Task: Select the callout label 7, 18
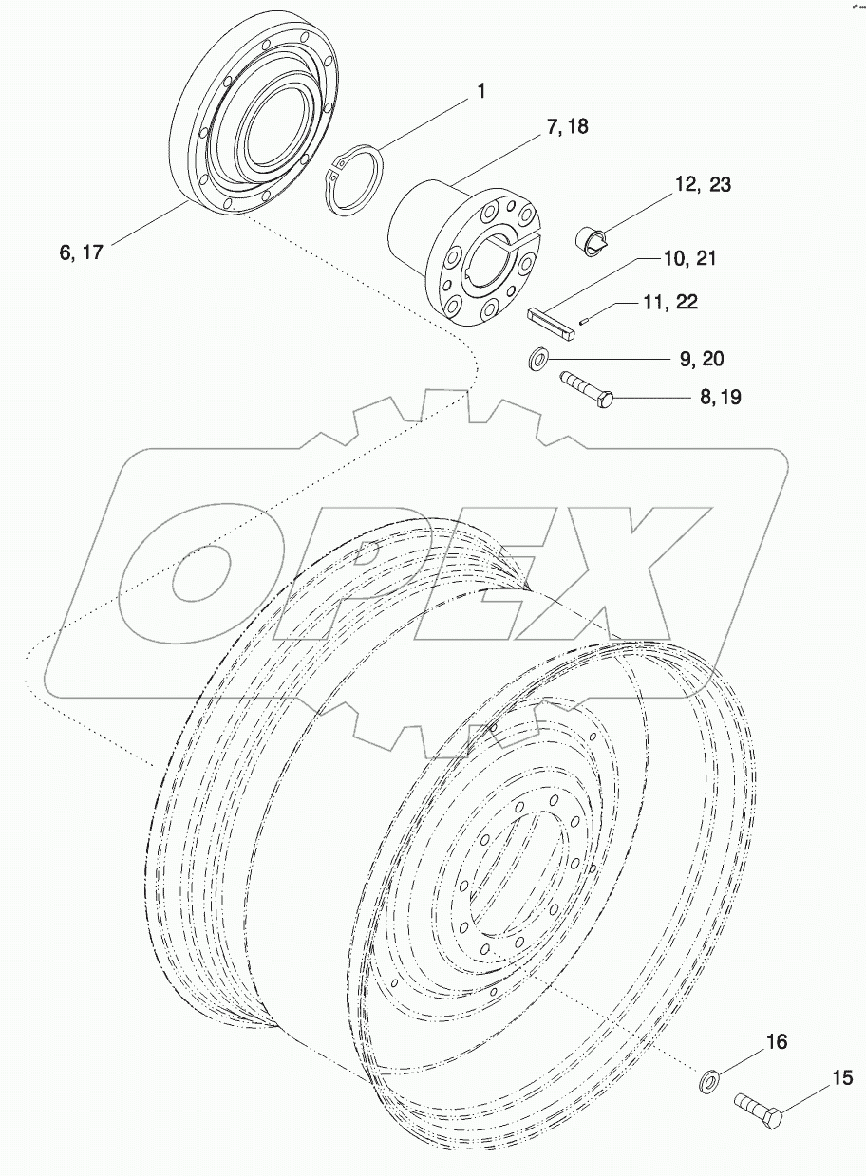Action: [567, 127]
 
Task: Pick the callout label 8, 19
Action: [721, 399]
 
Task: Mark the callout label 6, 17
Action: [81, 252]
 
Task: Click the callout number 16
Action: [777, 1043]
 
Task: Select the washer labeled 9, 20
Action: [537, 359]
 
